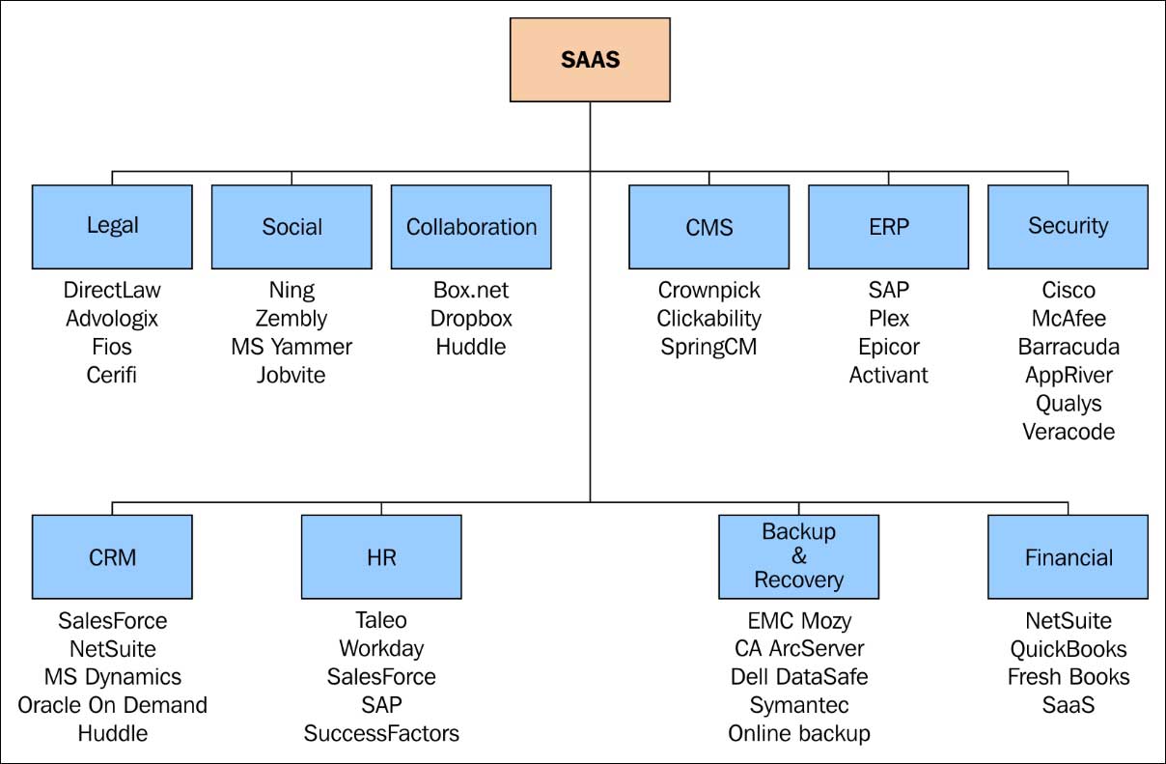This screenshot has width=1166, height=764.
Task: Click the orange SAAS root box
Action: pos(590,60)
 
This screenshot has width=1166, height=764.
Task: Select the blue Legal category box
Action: pos(112,227)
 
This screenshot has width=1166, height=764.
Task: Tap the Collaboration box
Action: pos(471,227)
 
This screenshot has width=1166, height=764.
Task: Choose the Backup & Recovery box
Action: pos(798,556)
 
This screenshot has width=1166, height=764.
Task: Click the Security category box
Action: pos(1068,227)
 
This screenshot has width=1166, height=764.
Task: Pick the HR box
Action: pos(381,556)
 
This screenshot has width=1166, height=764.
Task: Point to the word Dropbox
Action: pos(471,318)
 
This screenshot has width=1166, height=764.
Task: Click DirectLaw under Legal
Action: pos(112,290)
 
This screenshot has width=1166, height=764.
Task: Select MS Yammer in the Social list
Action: pos(291,346)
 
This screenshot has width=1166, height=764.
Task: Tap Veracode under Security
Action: pos(1069,431)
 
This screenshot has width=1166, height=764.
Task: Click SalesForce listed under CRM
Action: pos(112,620)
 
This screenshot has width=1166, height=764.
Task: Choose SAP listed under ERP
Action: pos(888,290)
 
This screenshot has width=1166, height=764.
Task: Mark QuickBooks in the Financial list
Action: pos(1069,649)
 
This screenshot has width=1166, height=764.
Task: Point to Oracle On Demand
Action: pos(112,705)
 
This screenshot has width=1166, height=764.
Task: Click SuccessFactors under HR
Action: pos(381,733)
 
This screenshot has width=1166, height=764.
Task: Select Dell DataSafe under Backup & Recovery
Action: pos(799,676)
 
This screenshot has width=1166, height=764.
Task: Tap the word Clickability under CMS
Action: pos(708,318)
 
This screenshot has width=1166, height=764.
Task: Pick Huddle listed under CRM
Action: pos(112,733)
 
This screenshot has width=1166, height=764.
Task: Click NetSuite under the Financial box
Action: pos(1069,620)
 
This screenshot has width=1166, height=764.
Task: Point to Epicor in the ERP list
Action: pos(888,346)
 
